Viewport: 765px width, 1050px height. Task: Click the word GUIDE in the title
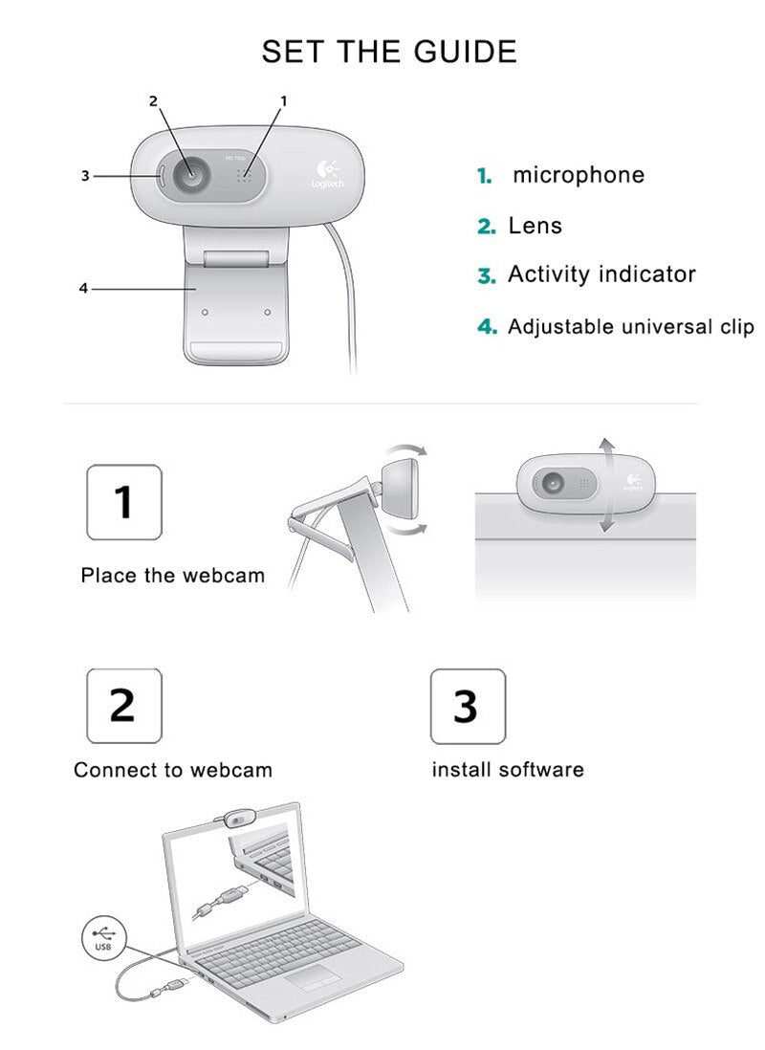click(x=466, y=52)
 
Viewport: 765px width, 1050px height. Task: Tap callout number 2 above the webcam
click(x=153, y=101)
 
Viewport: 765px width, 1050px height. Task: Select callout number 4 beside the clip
click(x=83, y=289)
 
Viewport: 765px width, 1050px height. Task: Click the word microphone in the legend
click(x=579, y=175)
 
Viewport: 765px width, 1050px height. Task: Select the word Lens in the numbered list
click(x=535, y=226)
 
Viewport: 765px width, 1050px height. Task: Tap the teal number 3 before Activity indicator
click(x=487, y=275)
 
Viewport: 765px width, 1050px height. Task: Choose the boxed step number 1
click(x=124, y=502)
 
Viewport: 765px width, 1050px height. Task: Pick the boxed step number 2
click(x=124, y=706)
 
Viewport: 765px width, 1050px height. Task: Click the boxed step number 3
click(x=468, y=706)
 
